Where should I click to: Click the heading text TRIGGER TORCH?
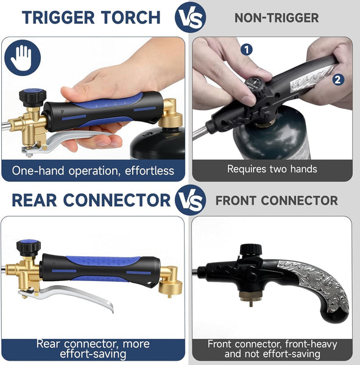pyautogui.click(x=91, y=17)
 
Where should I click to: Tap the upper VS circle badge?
pyautogui.click(x=190, y=17)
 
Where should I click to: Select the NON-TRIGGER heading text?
pyautogui.click(x=277, y=18)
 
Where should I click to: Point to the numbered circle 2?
pyautogui.click(x=338, y=79)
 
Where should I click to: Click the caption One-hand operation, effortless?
pyautogui.click(x=93, y=170)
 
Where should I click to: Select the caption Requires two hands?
pyautogui.click(x=272, y=169)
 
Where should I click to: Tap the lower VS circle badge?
pyautogui.click(x=190, y=200)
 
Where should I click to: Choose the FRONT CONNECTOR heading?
pyautogui.click(x=277, y=200)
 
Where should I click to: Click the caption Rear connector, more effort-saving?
pyautogui.click(x=93, y=348)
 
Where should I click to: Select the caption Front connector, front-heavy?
pyautogui.click(x=272, y=349)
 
